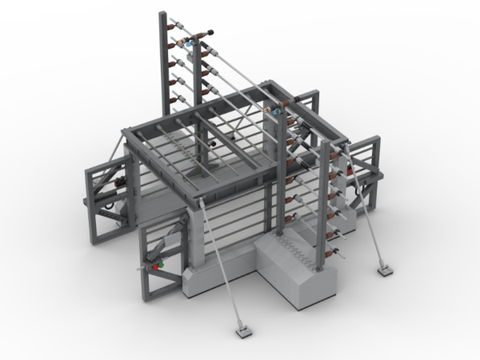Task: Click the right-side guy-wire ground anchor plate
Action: pos(386,271)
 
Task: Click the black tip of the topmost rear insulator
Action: pos(214,31)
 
